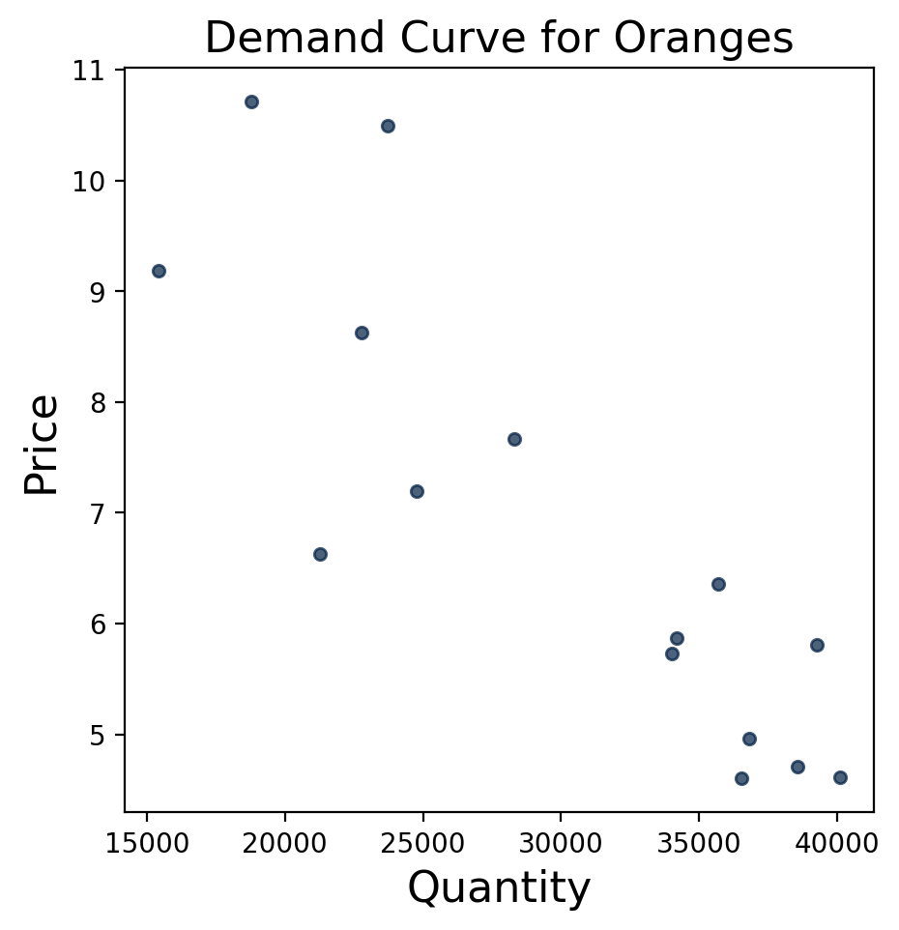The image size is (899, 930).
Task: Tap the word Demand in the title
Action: (275, 39)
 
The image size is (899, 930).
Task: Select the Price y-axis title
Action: (42, 444)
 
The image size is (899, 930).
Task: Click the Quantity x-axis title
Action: (499, 886)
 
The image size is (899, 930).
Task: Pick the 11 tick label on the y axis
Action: (94, 71)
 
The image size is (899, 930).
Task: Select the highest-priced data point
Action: (251, 102)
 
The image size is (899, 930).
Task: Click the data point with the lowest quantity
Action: (159, 271)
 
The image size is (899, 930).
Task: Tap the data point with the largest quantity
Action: (840, 777)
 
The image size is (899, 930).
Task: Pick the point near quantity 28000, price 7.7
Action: (514, 439)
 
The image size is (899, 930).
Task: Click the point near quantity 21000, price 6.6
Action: (320, 554)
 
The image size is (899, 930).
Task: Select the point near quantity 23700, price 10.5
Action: (388, 126)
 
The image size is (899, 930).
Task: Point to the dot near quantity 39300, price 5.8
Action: (817, 645)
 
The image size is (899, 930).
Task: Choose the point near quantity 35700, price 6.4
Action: (718, 584)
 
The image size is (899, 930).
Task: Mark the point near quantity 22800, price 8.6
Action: (362, 333)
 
